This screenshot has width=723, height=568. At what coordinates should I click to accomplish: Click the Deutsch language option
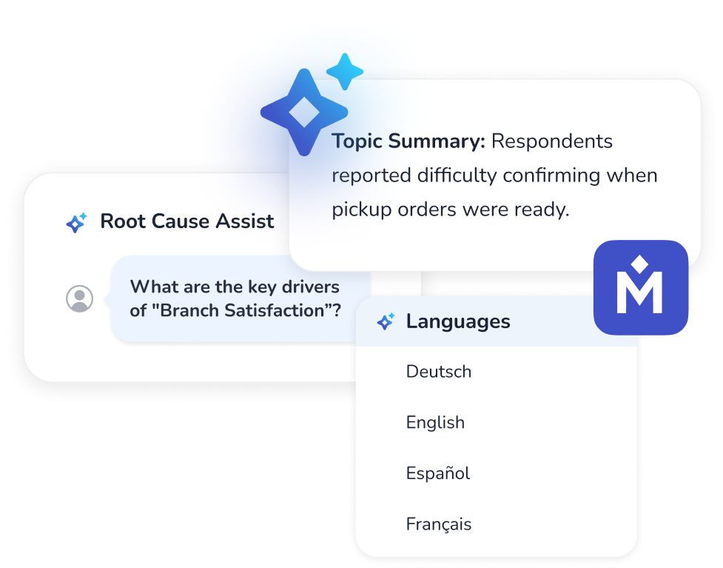[438, 372]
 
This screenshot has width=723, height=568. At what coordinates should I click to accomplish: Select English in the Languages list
[435, 423]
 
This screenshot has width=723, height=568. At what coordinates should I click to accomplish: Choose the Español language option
[437, 473]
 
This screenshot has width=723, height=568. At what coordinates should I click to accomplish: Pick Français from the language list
[438, 524]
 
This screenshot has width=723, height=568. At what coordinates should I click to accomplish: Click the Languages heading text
[457, 322]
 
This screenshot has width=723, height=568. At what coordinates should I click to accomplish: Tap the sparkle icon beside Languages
[386, 322]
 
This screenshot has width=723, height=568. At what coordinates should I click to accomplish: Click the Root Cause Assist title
[186, 221]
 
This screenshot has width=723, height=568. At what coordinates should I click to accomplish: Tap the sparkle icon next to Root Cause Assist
[76, 221]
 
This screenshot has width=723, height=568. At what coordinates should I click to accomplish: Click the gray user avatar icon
[80, 298]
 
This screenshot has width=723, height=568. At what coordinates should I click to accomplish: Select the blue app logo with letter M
[641, 287]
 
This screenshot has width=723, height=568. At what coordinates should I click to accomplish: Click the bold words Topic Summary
[408, 141]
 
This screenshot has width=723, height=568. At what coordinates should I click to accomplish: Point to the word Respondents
[552, 141]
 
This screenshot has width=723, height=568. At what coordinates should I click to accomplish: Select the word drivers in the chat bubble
[304, 287]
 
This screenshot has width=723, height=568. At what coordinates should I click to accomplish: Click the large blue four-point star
[303, 113]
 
